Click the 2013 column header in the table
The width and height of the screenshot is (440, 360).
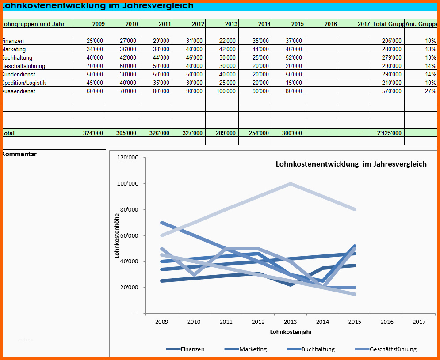(x=231, y=24)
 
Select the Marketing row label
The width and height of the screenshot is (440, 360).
(x=14, y=49)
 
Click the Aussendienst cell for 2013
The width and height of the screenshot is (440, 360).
(x=226, y=91)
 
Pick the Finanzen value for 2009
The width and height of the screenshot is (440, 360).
(x=95, y=41)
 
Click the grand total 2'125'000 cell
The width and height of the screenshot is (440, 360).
(x=390, y=133)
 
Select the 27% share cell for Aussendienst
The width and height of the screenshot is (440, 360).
(x=430, y=91)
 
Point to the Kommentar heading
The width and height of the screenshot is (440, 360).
(x=19, y=154)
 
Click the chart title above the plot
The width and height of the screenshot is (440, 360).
(x=351, y=164)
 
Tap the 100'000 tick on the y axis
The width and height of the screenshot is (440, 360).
(x=128, y=183)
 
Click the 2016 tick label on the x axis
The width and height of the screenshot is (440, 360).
(x=387, y=322)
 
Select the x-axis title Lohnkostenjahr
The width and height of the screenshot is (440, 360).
(x=287, y=331)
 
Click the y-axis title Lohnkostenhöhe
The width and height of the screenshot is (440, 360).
(x=117, y=235)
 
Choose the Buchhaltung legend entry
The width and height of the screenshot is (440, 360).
(x=318, y=349)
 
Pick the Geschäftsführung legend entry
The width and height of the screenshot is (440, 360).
(x=393, y=349)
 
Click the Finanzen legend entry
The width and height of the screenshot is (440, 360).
(x=192, y=349)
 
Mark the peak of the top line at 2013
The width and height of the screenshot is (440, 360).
(x=290, y=183)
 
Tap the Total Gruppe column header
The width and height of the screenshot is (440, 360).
(x=388, y=24)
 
